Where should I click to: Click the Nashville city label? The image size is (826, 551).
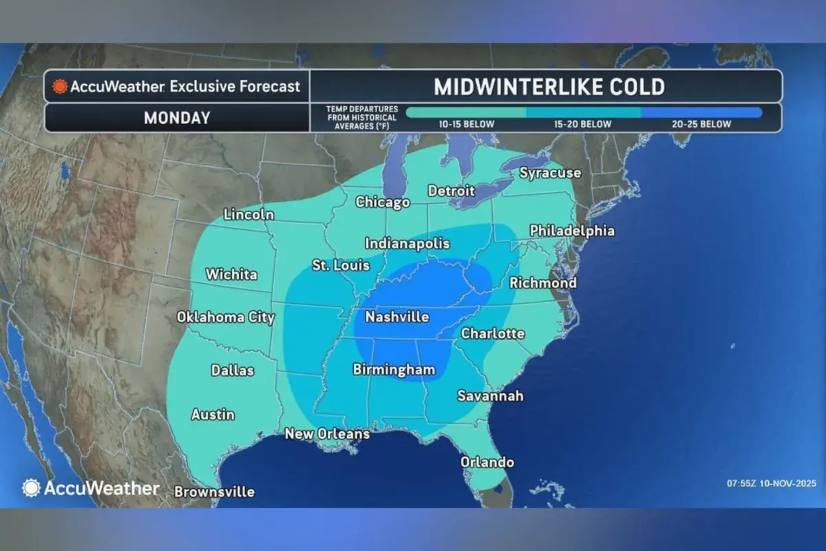397,318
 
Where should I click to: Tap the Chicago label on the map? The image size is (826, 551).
383,202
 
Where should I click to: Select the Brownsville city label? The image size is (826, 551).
214,492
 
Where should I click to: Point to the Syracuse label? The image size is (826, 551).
550,173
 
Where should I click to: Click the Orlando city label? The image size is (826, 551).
487,462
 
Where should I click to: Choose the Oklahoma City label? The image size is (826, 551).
226,318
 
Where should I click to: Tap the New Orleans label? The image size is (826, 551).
327,434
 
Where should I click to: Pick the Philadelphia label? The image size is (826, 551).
572,231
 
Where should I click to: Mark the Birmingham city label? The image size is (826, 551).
394,370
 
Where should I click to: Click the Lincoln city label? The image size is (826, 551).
248,215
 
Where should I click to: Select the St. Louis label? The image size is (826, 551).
341,265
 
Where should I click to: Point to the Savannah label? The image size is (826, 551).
491,396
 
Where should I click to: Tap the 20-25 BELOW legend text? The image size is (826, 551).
701,125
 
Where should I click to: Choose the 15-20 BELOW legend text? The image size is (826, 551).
583,125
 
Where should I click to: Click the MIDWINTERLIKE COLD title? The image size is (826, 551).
549,87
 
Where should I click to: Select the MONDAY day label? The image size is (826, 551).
177,118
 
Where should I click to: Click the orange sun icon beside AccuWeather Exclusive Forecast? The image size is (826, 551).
61,87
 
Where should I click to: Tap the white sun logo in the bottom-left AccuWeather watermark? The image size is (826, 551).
32,488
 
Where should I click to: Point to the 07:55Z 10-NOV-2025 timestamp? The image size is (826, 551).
772,483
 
